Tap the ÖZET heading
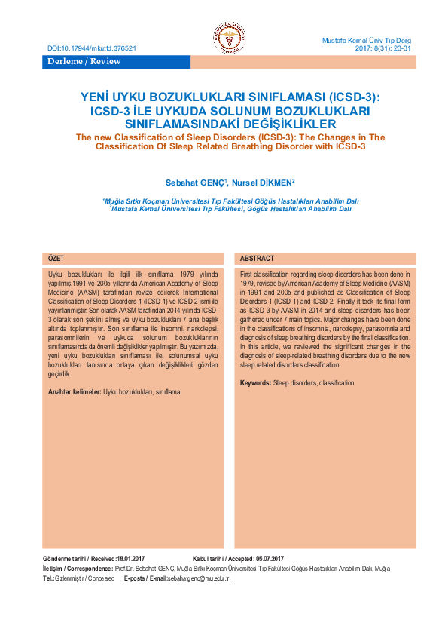[x=56, y=258]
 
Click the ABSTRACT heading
[x=258, y=258]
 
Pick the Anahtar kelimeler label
[x=74, y=392]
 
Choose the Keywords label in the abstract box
[x=256, y=383]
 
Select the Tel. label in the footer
[x=47, y=578]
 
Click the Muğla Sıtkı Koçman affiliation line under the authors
[x=231, y=201]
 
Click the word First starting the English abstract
[x=248, y=271]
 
